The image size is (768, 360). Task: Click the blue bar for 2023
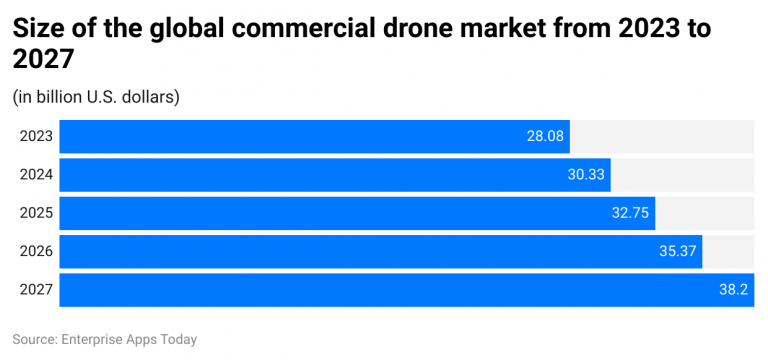pos(300,136)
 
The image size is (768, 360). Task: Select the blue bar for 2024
pos(320,174)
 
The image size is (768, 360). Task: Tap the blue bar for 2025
pos(340,213)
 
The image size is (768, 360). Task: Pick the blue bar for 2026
pos(370,251)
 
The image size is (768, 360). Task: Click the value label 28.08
pos(545,136)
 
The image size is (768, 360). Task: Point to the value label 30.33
pos(586,174)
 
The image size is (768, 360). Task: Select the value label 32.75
pos(630,213)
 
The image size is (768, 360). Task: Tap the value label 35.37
pos(678,251)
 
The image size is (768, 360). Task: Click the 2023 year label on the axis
pos(36,136)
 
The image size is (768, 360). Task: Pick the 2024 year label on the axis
pos(36,174)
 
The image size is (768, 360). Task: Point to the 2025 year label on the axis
pos(36,213)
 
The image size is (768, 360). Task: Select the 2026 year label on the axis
pos(36,251)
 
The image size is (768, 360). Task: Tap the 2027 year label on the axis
pos(36,289)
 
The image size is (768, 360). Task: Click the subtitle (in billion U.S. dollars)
pos(96,97)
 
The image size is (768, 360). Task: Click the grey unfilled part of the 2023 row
pos(661,136)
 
